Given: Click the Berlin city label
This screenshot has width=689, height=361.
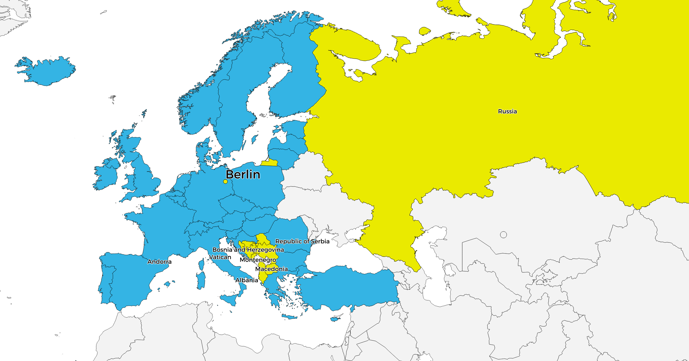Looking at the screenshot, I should point(243,175).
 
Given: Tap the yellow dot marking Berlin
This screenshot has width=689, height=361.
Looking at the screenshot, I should point(225,182).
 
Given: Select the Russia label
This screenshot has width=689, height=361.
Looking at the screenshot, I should point(507,111).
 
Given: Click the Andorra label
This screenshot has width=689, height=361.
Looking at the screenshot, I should point(159,262).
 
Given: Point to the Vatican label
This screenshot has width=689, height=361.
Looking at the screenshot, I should point(220,257).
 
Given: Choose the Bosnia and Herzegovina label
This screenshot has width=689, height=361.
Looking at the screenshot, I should point(248,250).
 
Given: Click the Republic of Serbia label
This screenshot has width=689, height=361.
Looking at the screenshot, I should point(302,241).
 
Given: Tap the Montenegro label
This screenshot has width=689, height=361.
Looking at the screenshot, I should point(258,260).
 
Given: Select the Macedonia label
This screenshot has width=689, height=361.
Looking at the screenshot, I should point(271,269).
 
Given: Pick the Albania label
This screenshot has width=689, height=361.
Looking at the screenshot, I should point(247,280).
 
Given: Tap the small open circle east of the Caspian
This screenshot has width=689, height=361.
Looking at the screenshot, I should point(504,235).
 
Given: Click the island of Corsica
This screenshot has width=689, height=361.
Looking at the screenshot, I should point(202,264).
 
